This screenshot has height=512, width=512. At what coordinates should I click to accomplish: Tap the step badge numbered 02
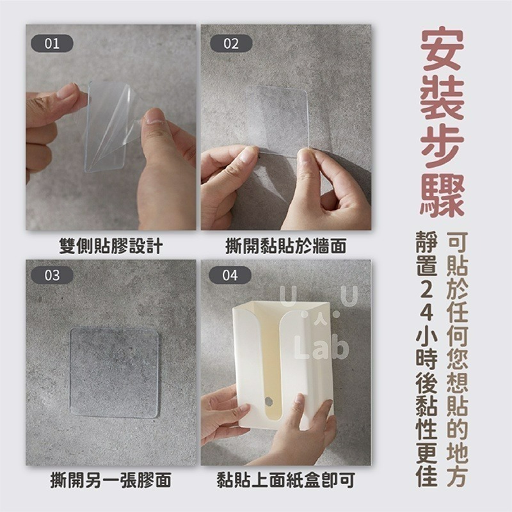[x=231, y=44]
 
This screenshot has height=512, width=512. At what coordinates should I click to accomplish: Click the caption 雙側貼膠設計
[x=111, y=246]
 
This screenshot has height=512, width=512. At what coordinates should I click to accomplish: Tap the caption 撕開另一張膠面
[x=111, y=480]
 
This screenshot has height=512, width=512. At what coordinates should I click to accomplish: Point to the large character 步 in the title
[x=443, y=144]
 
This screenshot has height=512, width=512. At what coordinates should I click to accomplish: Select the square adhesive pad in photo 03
[x=114, y=372]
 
